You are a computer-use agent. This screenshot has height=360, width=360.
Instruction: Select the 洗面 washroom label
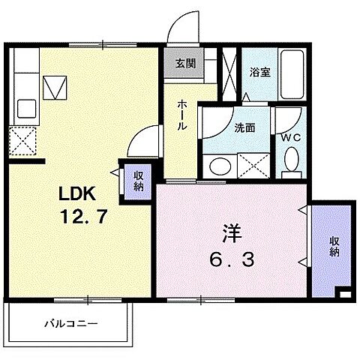click(244, 127)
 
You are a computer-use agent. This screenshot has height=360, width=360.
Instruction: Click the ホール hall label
click(182, 116)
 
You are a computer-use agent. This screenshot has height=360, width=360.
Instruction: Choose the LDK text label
click(78, 193)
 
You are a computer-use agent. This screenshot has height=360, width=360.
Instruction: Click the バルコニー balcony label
click(69, 324)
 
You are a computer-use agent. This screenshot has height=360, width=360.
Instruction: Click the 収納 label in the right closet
click(333, 247)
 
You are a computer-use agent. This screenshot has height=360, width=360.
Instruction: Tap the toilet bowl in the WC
click(290, 159)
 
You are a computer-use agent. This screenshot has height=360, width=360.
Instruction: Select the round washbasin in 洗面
click(221, 166)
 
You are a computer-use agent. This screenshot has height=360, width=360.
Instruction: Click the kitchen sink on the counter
click(55, 89)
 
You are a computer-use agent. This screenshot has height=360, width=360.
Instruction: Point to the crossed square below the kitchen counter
click(24, 139)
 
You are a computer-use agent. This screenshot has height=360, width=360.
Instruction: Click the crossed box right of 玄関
click(229, 70)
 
